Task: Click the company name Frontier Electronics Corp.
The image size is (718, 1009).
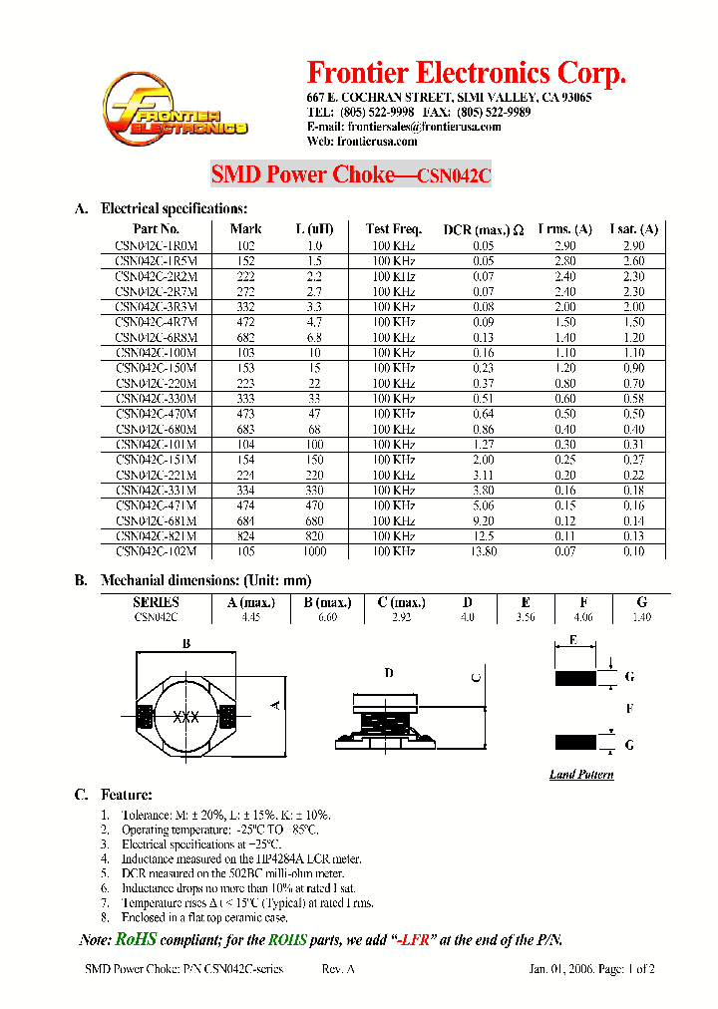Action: [x=466, y=74]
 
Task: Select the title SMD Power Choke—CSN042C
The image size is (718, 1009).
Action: [x=351, y=175]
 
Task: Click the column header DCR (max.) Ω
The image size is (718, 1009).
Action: [x=484, y=229]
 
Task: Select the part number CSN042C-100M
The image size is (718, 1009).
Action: [x=157, y=353]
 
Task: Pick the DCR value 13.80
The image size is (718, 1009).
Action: [x=484, y=551]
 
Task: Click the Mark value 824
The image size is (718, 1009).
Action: [x=245, y=536]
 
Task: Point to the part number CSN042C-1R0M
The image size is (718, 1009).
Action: [x=157, y=245]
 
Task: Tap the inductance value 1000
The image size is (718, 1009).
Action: [x=315, y=551]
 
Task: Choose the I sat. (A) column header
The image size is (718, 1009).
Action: [x=634, y=229]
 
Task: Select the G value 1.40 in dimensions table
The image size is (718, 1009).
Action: [x=641, y=618]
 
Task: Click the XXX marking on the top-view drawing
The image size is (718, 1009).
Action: [x=184, y=717]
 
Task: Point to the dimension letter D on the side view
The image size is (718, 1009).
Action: [x=389, y=674]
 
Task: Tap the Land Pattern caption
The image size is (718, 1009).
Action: [x=581, y=775]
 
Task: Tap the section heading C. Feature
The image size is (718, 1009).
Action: [x=114, y=795]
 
